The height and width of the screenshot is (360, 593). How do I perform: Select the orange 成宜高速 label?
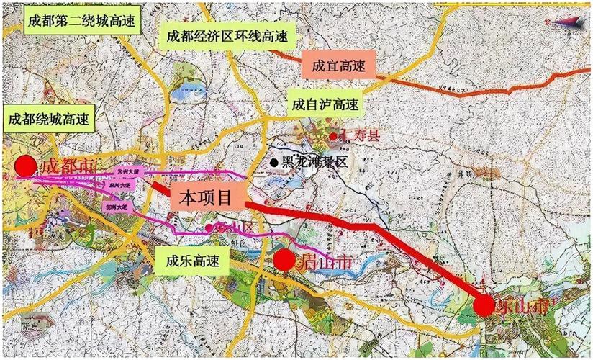tap(338, 65)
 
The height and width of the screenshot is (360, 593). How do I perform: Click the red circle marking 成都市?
tap(26, 166)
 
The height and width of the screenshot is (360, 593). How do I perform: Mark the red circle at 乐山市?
tap(484, 305)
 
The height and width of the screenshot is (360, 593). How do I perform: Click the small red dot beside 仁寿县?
tap(333, 136)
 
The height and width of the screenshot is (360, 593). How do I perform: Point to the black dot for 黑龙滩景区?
tap(273, 163)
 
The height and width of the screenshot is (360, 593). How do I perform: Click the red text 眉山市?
tap(325, 263)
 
